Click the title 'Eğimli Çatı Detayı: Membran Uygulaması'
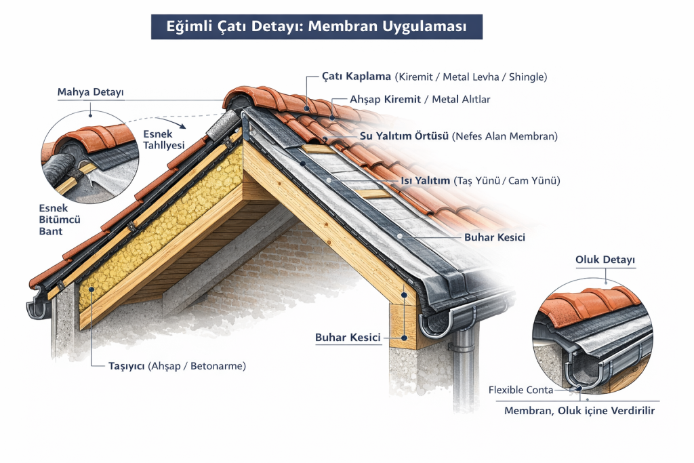click(x=316, y=26)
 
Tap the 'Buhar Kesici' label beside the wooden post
click(x=347, y=337)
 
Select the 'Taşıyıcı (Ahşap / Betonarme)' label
click(x=177, y=366)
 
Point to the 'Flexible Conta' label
click(x=520, y=390)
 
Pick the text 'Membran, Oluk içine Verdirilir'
click(x=579, y=411)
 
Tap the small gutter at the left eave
click(x=38, y=308)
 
